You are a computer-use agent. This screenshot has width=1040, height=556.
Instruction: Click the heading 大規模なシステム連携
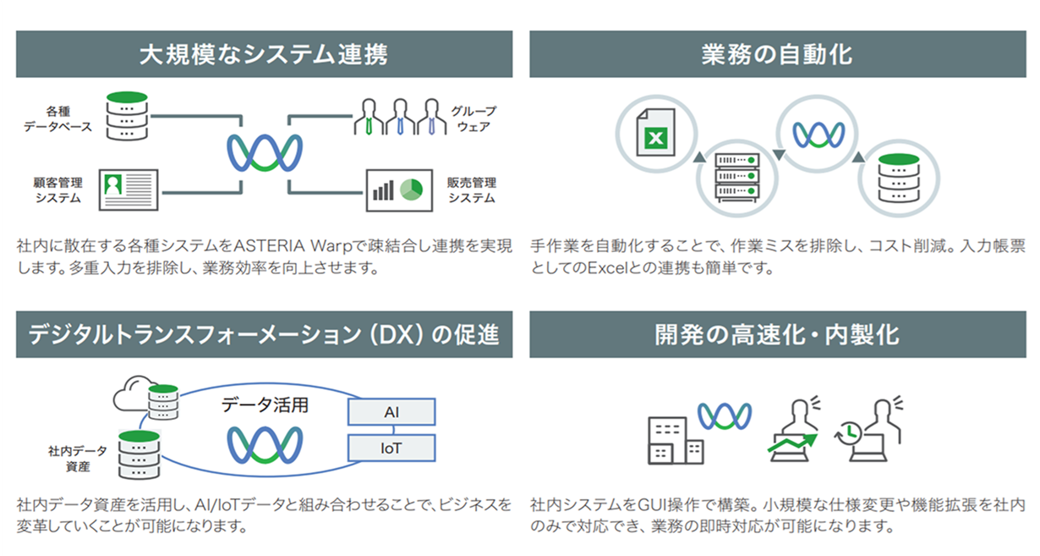[264, 55]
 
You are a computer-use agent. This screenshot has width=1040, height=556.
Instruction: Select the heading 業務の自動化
[777, 55]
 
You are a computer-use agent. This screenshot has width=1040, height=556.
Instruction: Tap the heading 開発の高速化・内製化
[777, 335]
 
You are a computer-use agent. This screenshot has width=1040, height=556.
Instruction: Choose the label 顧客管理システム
[58, 190]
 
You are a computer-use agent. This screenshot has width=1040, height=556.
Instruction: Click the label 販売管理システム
[472, 190]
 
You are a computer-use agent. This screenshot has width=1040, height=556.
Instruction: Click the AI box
[391, 412]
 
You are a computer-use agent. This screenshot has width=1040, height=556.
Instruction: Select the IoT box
[391, 448]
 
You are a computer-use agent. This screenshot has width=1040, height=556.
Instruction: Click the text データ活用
[265, 405]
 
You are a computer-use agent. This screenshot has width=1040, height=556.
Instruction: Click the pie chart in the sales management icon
[412, 188]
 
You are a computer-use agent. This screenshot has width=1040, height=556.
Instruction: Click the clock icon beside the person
[849, 432]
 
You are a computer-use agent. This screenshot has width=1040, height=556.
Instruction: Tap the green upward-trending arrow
[792, 443]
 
